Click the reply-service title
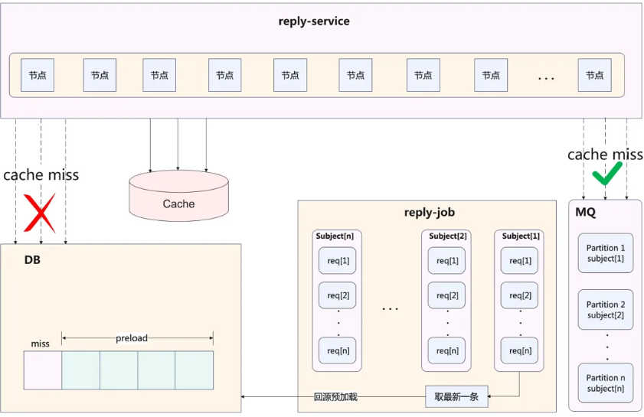click(x=314, y=21)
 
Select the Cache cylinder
click(x=178, y=196)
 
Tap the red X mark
click(x=39, y=213)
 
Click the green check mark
click(x=607, y=173)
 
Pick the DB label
click(x=32, y=260)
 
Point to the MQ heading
click(x=585, y=212)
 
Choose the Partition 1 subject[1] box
click(x=606, y=253)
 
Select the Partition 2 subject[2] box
click(x=606, y=309)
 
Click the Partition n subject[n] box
click(x=606, y=383)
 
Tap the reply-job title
click(x=429, y=212)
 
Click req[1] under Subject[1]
click(x=520, y=261)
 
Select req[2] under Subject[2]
click(x=447, y=295)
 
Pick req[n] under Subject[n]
click(x=338, y=350)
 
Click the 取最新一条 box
click(x=456, y=396)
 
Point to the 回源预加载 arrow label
click(x=335, y=397)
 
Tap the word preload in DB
click(x=132, y=337)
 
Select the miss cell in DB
click(x=43, y=370)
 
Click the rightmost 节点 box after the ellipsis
click(x=594, y=75)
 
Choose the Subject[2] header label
click(x=448, y=236)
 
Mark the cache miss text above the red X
click(x=41, y=175)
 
